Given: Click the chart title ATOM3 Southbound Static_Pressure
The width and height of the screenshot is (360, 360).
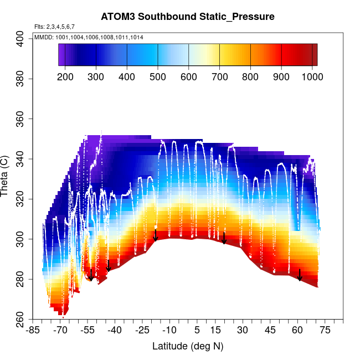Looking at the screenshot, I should (x=188, y=17).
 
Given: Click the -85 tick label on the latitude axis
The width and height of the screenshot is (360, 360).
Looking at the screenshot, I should (x=34, y=331).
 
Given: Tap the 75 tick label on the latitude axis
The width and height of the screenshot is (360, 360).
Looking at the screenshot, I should (x=325, y=331).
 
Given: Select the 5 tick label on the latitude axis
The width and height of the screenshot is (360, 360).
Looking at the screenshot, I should (x=197, y=331).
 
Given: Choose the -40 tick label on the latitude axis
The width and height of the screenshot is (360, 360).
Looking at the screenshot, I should (x=115, y=331).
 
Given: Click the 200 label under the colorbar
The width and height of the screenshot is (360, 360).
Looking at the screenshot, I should (x=65, y=76).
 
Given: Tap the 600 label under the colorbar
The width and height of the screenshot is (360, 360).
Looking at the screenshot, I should (x=189, y=76).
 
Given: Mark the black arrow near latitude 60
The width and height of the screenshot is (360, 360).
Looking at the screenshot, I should (x=300, y=275).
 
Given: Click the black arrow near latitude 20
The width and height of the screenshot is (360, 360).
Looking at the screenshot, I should (x=224, y=238).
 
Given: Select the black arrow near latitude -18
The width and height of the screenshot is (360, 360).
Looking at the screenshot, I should (x=156, y=235).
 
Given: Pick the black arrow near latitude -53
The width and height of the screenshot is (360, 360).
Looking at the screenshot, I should (x=91, y=275).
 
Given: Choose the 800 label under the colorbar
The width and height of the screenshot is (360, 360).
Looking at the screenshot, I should (x=251, y=76).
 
